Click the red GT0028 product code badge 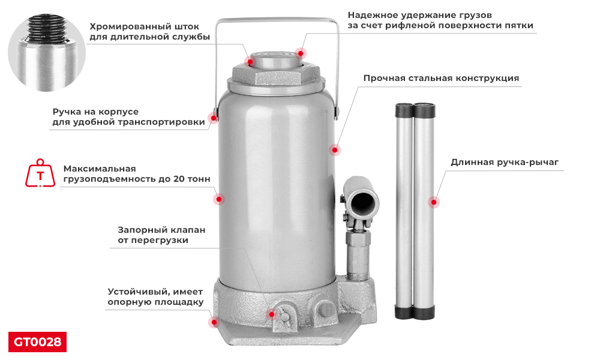(37, 342)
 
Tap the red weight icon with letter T (40, 174)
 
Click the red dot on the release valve (271, 314)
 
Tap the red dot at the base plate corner (213, 322)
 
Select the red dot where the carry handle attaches (212, 118)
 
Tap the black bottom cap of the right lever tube (424, 312)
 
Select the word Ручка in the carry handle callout (67, 112)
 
